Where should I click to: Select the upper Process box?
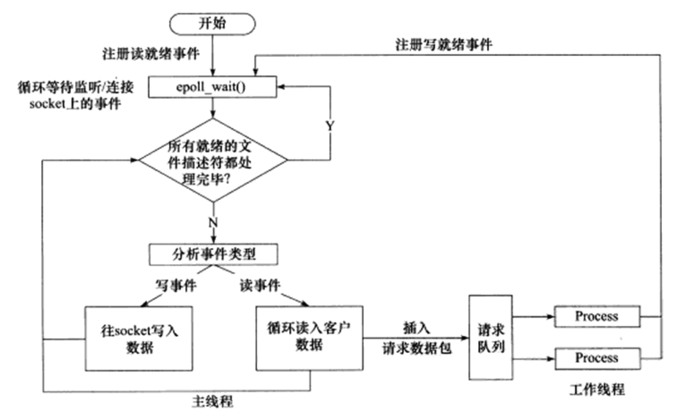point(596,317)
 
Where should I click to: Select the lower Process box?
point(596,358)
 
